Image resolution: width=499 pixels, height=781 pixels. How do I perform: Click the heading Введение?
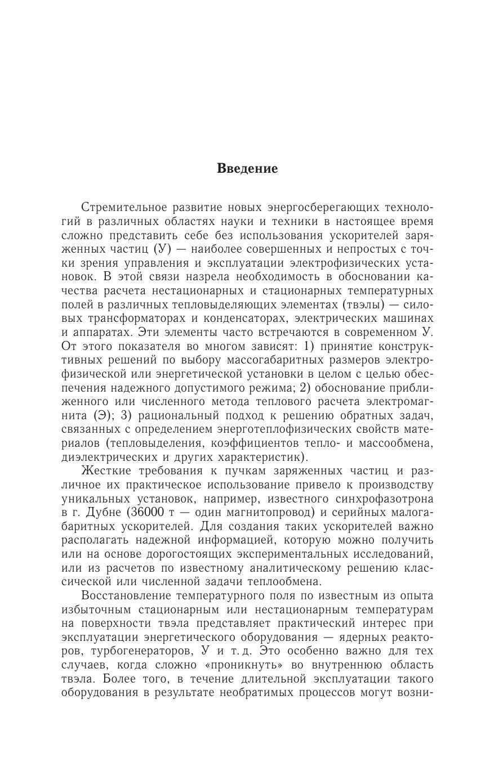(x=247, y=169)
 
